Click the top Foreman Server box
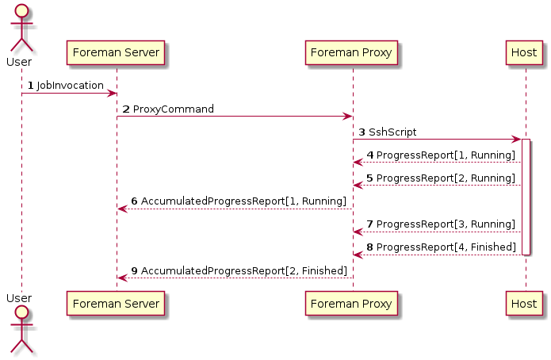pos(116,53)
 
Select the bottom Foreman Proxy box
pos(351,304)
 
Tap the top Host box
pos(524,53)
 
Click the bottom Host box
pos(524,304)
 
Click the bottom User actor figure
pos(21,329)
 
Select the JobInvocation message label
pos(70,86)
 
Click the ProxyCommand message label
pos(174,109)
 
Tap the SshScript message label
pos(392,132)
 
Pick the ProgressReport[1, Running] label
pos(446,155)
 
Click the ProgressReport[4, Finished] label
pos(446,247)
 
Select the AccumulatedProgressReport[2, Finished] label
pos(244,270)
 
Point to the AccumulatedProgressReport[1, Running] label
pos(243,201)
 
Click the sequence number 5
pos(369,178)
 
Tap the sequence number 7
pos(369,224)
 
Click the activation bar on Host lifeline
pos(526,197)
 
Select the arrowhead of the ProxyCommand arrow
pos(348,117)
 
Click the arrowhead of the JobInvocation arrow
pos(112,94)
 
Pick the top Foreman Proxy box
pos(351,53)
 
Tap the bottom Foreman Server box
pos(116,304)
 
